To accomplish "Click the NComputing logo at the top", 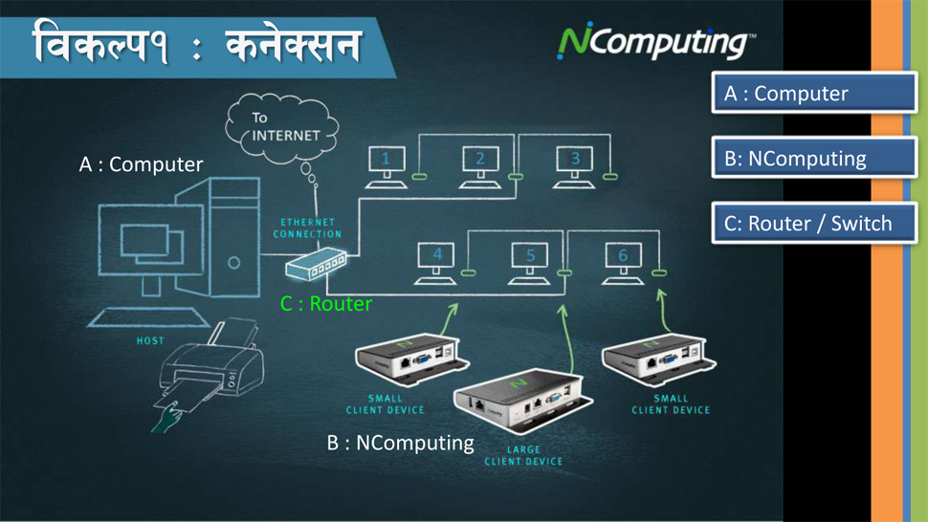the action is tap(655, 41).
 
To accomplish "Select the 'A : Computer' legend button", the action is tap(814, 93).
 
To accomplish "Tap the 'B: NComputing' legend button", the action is tap(814, 158).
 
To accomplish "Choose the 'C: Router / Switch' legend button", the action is tap(814, 223).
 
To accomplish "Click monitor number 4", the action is tap(435, 263).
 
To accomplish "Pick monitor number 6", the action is tap(623, 263).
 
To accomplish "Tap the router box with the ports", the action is tap(316, 264).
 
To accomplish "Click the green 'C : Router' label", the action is tap(326, 304).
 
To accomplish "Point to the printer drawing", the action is tap(211, 366).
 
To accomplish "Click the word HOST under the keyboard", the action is tap(150, 340).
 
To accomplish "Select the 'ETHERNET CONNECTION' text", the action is tap(308, 228).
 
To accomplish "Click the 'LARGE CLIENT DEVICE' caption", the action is tap(523, 455).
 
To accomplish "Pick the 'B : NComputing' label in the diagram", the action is tap(401, 443).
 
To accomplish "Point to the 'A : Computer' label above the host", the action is tap(141, 164).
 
